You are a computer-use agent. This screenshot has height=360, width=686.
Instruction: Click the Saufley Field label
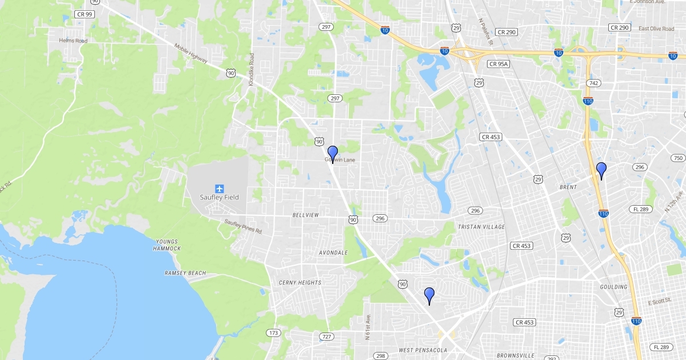[220, 197]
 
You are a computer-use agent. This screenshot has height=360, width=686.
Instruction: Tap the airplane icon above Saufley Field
[220, 188]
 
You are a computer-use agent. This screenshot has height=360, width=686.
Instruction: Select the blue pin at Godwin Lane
[332, 153]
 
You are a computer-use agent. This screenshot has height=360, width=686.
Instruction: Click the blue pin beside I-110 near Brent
[601, 170]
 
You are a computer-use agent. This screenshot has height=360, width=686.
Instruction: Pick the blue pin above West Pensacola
[429, 295]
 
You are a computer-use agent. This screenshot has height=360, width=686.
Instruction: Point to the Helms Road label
[73, 41]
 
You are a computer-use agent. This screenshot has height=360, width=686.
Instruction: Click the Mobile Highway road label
[191, 55]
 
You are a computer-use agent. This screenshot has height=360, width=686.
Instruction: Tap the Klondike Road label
[251, 70]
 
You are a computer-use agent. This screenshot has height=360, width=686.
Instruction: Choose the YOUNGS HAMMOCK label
[167, 245]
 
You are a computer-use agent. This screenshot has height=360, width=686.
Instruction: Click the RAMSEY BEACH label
[185, 273]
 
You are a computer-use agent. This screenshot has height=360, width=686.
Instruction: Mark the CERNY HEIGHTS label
[300, 282]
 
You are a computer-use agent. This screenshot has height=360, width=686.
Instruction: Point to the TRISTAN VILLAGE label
[481, 227]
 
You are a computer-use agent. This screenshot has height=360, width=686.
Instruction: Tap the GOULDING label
[613, 287]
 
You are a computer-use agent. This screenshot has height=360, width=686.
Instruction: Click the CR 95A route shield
[498, 64]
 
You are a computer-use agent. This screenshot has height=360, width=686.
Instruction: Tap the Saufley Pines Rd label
[243, 226]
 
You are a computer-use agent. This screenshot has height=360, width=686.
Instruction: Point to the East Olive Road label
[656, 29]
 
